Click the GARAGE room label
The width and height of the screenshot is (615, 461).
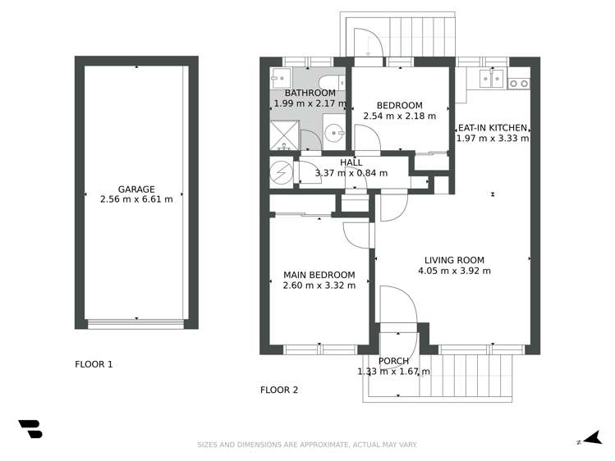tap(136, 189)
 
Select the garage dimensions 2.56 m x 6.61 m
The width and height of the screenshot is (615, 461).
tap(136, 199)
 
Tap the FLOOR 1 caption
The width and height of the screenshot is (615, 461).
tap(94, 363)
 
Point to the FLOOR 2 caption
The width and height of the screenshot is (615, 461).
tap(279, 390)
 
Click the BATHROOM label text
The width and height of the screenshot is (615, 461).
tap(305, 93)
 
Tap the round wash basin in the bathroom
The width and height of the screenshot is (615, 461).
tap(333, 133)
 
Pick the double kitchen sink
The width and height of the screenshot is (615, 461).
tap(491, 79)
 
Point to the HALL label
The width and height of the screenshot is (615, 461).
tap(351, 162)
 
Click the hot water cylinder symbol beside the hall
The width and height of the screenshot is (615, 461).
tap(282, 172)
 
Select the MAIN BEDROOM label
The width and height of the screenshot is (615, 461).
tap(319, 275)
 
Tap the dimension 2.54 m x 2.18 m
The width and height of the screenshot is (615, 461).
tap(399, 116)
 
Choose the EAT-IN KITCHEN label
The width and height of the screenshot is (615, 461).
tap(493, 127)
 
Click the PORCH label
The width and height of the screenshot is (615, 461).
tap(393, 361)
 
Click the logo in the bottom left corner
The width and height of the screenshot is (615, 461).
tap(30, 428)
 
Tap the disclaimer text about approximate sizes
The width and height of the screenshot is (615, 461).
tap(307, 445)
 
